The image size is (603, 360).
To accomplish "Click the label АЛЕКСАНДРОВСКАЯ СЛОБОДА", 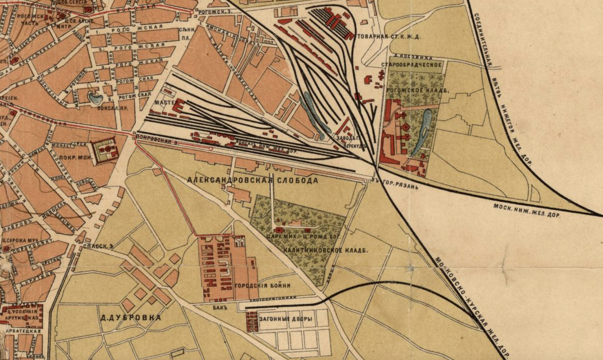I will point(252,180).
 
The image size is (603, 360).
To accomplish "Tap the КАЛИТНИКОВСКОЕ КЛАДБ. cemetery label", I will point(325,250).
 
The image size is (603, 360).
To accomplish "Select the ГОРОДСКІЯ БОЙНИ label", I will point(262,286).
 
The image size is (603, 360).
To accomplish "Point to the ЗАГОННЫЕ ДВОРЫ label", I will point(286,319).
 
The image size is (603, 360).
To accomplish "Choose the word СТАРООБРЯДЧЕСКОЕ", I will point(412,65).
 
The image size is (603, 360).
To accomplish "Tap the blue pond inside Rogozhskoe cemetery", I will point(424,131).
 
